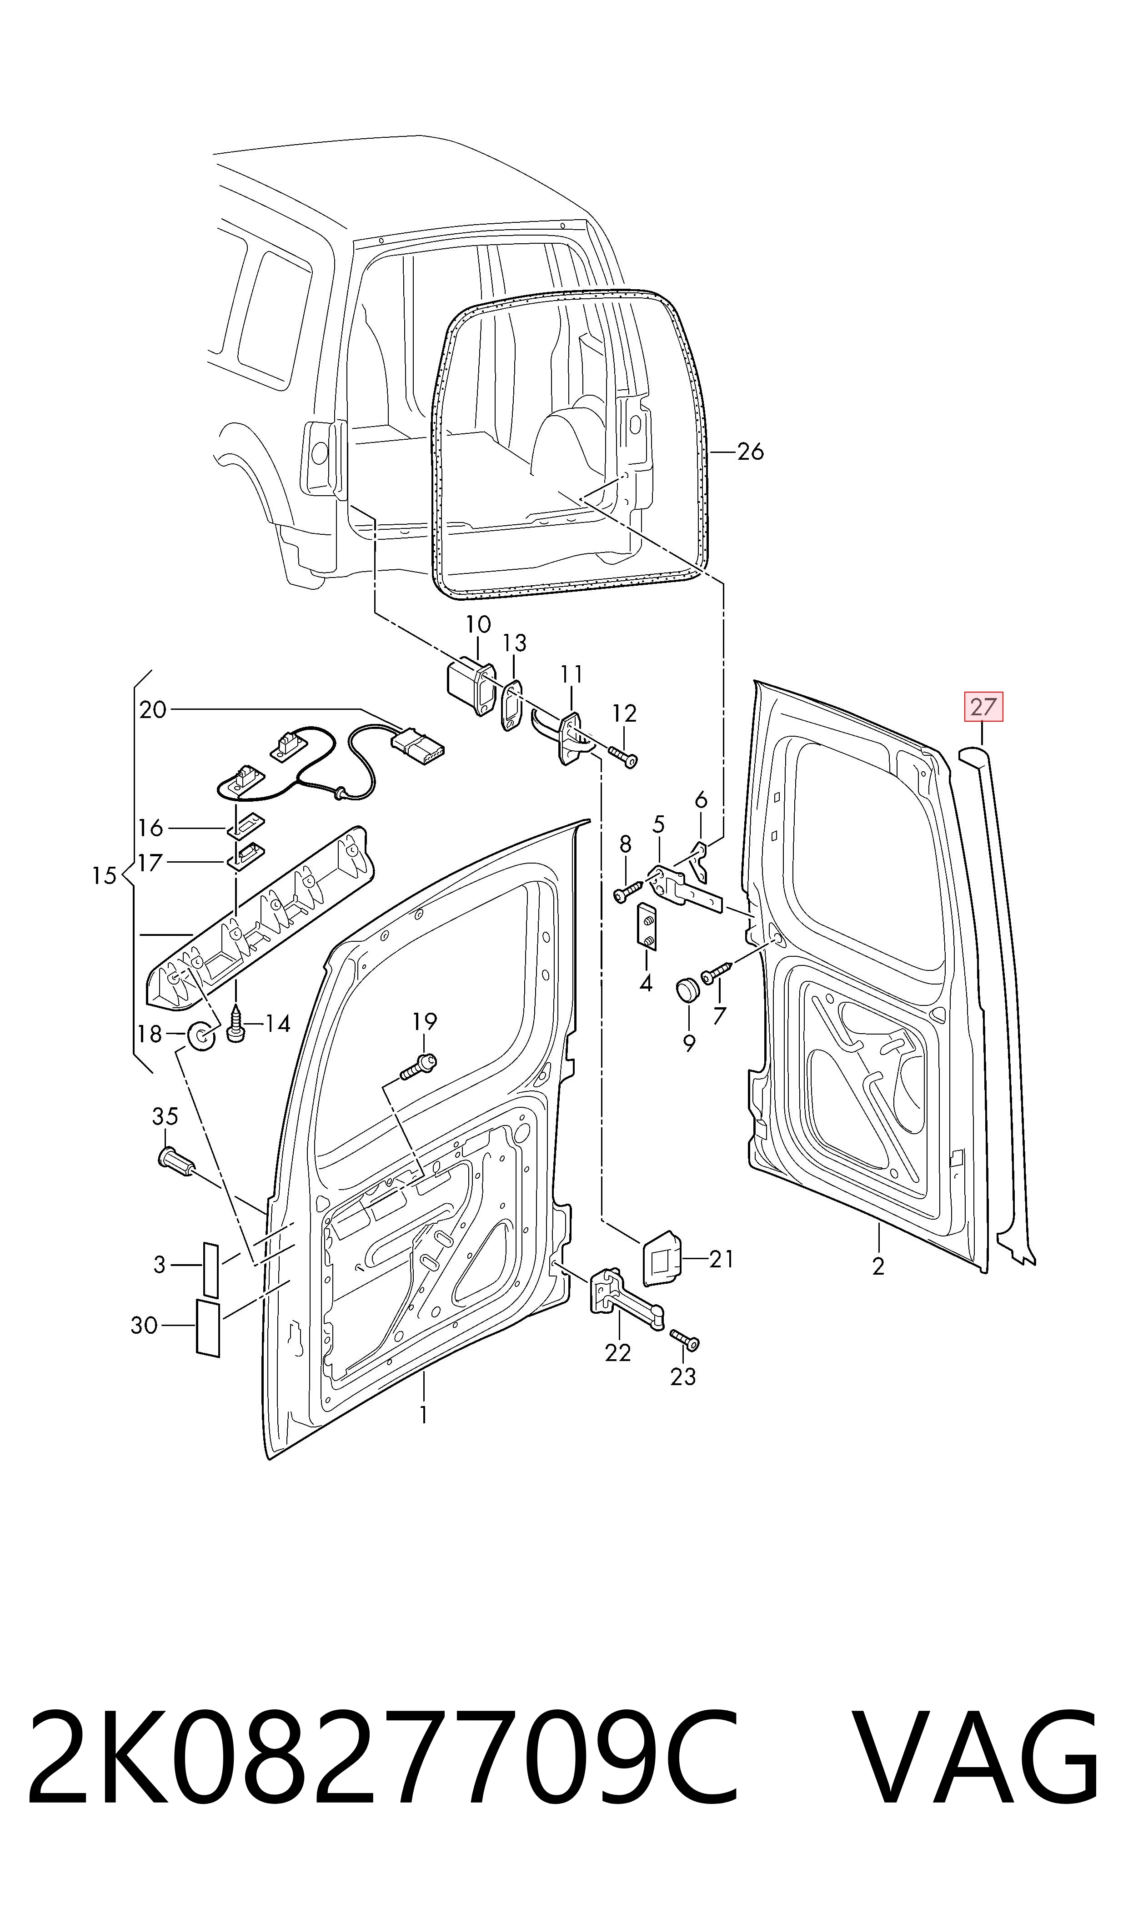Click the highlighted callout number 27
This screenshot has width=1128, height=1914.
coord(983,707)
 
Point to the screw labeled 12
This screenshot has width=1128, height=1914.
coord(622,756)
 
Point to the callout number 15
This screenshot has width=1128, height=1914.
coord(104,876)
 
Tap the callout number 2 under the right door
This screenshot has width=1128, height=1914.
coord(879,1266)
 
